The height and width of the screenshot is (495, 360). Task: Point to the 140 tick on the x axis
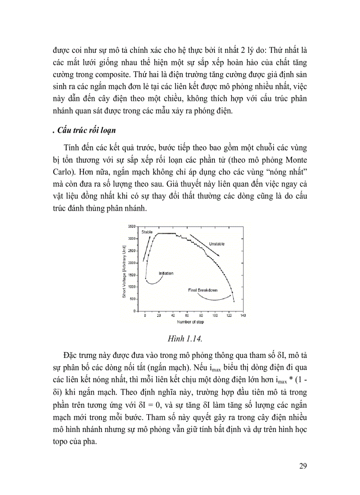tap(243, 316)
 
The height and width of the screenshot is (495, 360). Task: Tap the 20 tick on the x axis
tap(159, 316)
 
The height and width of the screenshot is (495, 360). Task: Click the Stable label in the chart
tap(147, 231)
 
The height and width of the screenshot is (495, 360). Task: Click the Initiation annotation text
tap(166, 273)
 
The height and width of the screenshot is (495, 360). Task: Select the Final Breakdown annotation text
tap(200, 290)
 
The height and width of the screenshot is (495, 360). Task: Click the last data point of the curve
tap(234, 301)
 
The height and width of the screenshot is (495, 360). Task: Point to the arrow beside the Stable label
tap(147, 248)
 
